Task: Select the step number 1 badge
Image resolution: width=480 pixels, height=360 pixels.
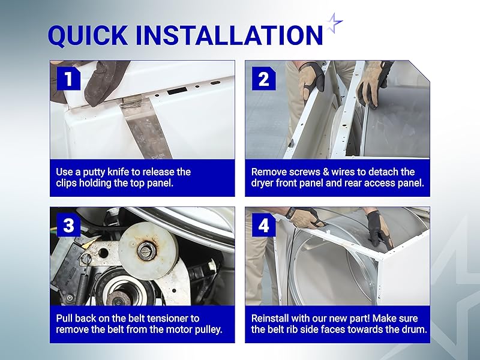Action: (x=68, y=79)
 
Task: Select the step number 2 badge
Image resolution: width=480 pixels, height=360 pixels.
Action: (x=264, y=79)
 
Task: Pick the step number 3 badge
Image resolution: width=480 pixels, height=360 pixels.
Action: (x=68, y=226)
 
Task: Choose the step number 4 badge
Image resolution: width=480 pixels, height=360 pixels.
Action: (x=264, y=226)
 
